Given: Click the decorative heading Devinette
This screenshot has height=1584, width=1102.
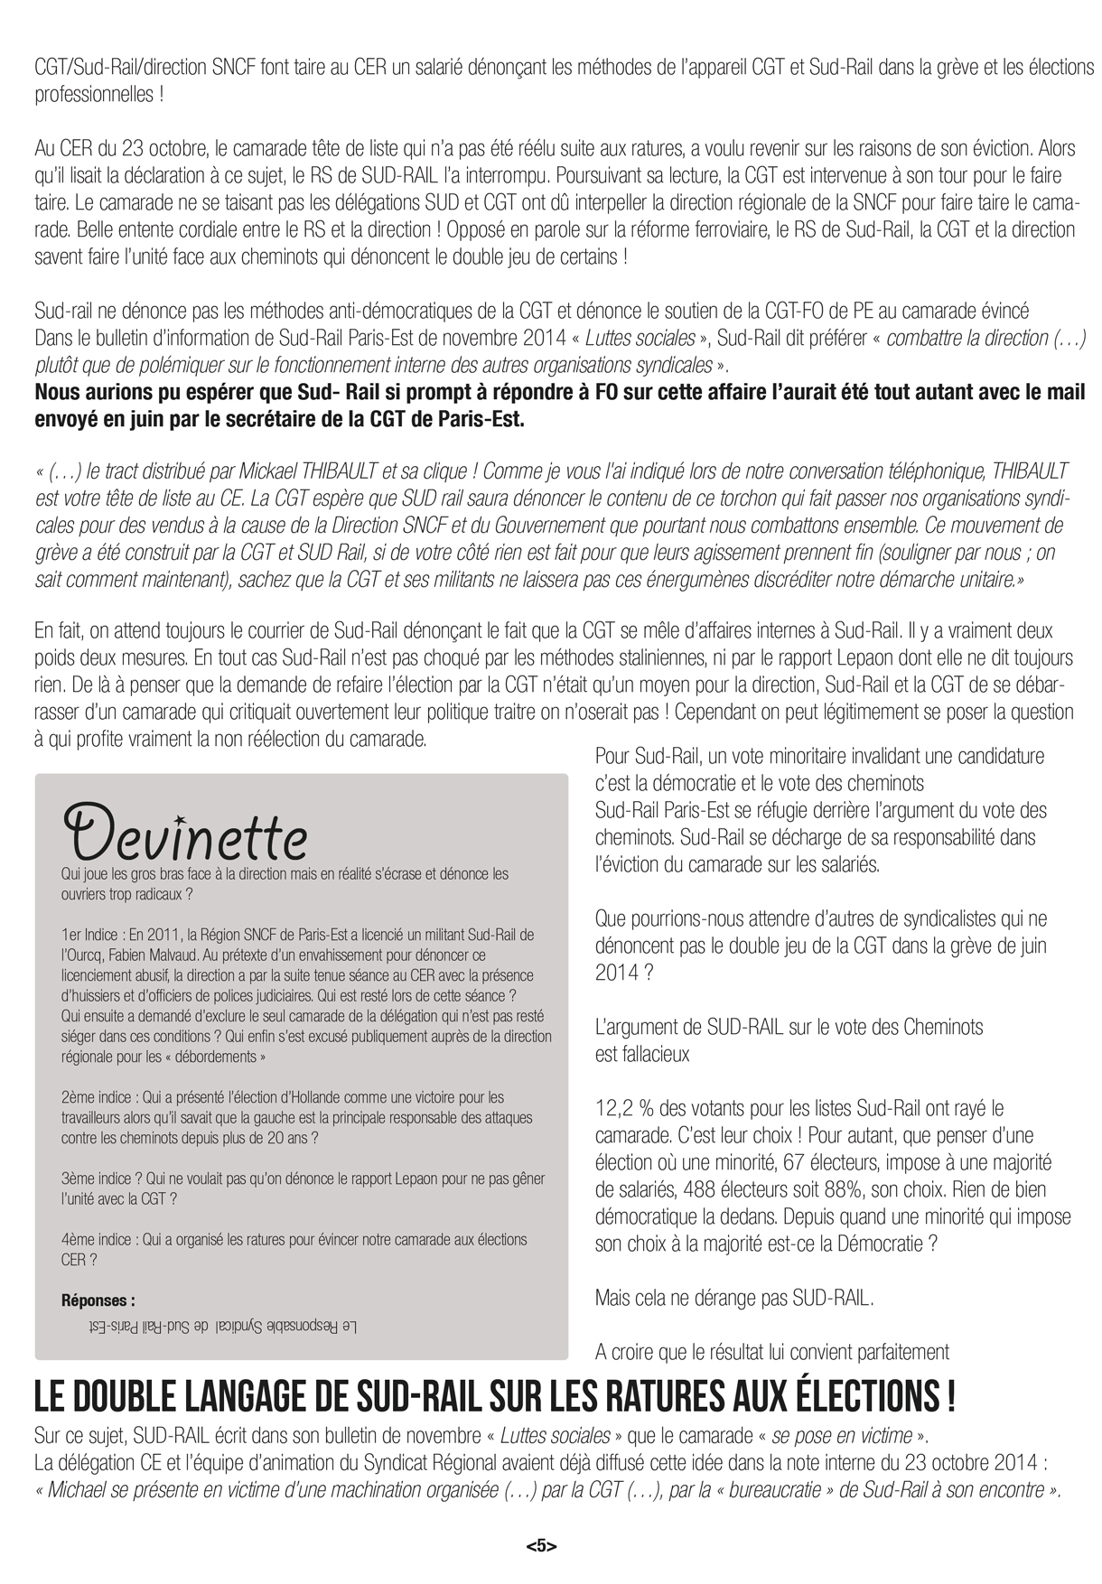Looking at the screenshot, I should pos(185,832).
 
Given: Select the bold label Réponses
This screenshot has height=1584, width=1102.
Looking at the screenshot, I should pos(98,1301).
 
